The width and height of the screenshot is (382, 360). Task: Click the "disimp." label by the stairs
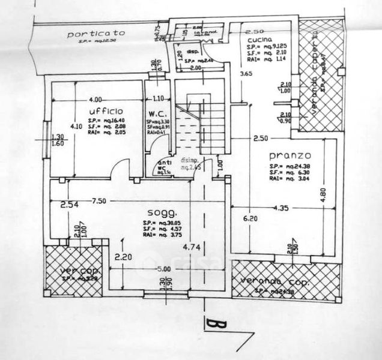point(190,160)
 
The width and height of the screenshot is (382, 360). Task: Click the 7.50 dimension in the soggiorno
point(99,201)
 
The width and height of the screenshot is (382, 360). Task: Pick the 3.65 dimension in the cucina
point(246,74)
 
